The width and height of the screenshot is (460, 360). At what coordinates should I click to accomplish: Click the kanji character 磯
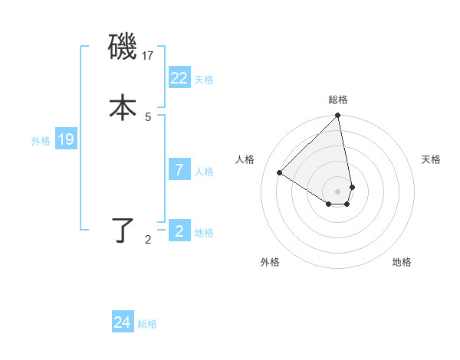(123, 47)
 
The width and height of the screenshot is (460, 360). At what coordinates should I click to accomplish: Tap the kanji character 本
(123, 107)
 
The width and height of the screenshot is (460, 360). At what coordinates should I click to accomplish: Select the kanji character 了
(123, 230)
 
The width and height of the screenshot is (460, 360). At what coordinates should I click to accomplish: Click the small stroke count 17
(149, 55)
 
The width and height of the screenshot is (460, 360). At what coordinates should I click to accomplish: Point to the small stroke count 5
(148, 116)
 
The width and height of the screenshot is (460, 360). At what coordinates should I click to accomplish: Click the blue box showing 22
(179, 77)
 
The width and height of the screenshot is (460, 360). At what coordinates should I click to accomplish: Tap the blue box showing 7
(179, 170)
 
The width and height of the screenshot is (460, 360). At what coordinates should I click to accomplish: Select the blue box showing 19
(66, 139)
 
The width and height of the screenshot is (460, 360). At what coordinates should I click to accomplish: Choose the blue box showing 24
(123, 322)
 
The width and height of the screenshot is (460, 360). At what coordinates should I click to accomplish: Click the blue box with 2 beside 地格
(179, 231)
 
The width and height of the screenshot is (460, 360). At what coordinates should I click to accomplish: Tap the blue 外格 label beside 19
(41, 140)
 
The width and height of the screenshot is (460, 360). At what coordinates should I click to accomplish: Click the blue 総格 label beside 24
(147, 324)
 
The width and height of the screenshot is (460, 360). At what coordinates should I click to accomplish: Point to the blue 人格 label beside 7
(205, 172)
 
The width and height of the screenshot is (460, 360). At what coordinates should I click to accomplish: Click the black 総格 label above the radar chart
(338, 100)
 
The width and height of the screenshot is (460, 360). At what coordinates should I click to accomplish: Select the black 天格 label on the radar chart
(431, 159)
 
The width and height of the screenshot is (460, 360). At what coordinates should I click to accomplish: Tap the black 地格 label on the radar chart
(402, 262)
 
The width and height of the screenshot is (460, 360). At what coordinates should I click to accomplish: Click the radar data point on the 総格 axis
(338, 116)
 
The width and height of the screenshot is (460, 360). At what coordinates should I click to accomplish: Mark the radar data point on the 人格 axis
(280, 172)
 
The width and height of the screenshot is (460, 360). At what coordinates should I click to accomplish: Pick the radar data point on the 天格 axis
(352, 187)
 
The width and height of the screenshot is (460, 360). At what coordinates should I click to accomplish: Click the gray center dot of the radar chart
(338, 191)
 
